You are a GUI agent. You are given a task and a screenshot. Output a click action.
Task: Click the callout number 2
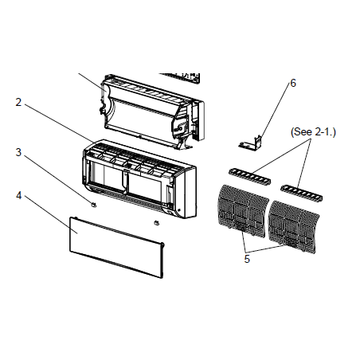tap(18, 102)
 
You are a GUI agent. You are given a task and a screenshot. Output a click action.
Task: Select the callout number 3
tap(18, 152)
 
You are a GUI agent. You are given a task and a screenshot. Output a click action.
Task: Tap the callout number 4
tap(18, 196)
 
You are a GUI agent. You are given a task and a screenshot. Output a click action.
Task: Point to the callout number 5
tap(247, 259)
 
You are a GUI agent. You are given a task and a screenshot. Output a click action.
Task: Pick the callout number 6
tap(293, 83)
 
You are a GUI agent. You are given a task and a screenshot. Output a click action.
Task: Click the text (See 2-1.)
tap(313, 132)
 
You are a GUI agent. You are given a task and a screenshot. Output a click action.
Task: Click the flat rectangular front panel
tap(117, 247)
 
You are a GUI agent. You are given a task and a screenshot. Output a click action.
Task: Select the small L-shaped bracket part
tap(250, 143)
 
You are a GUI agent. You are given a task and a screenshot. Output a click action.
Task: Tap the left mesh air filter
tap(242, 210)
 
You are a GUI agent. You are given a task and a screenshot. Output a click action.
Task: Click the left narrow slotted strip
tap(249, 176)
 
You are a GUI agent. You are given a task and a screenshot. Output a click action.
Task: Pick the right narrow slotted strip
tap(302, 193)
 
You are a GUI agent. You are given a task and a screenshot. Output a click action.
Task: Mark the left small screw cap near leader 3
tap(94, 205)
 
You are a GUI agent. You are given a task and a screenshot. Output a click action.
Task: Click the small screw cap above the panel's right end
tap(157, 222)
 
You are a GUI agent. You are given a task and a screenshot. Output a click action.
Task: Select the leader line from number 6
tap(275, 111)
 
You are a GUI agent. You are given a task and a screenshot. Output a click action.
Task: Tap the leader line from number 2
tap(59, 123)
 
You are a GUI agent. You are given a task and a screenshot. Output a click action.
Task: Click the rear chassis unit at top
tap(152, 112)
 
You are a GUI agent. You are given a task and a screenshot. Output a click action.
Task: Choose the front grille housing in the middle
tap(139, 178)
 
